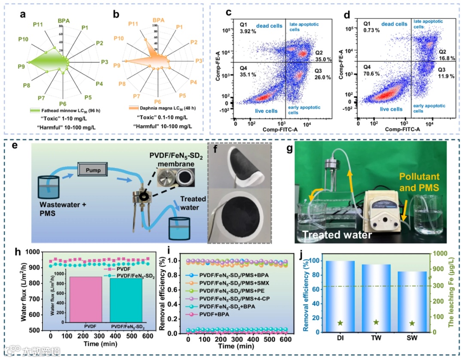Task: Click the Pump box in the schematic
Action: pos(93,170)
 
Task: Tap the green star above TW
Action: pos(376,322)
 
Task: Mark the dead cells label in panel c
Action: pos(269,26)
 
